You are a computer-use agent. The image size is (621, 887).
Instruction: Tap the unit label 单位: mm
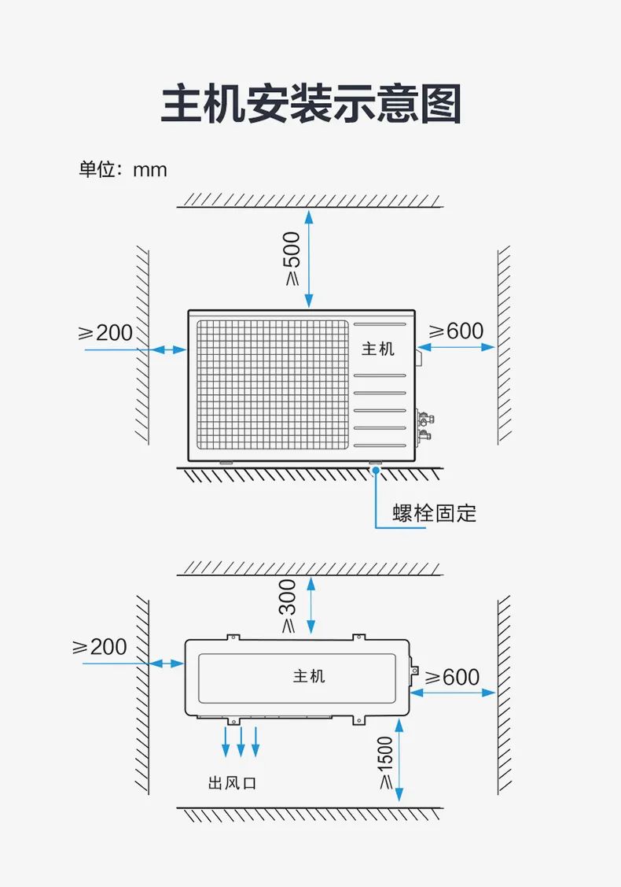[x=123, y=169]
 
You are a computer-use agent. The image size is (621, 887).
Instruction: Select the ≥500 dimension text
[x=291, y=258]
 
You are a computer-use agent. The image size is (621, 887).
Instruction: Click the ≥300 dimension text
[x=288, y=606]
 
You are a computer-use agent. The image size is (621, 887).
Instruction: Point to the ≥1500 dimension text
[x=385, y=763]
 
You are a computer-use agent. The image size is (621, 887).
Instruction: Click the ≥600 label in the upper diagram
[x=455, y=331]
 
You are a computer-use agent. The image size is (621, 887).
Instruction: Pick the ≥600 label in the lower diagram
[x=452, y=677]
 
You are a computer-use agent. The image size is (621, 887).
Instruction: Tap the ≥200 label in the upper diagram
[x=105, y=332]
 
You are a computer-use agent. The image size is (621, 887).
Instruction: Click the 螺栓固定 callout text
[x=435, y=514]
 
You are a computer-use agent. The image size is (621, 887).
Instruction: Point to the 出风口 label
[x=232, y=783]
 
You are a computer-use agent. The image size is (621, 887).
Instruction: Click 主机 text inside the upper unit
[x=378, y=348]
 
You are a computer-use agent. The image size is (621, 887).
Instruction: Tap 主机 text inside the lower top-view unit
[x=309, y=676]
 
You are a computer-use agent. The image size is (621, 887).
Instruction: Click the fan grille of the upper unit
[x=271, y=385]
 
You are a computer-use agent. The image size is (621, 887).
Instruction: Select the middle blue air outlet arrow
[x=241, y=741]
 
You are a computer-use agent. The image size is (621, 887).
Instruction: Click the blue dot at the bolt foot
[x=377, y=471]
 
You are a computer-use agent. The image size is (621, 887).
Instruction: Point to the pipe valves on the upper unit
[x=424, y=424]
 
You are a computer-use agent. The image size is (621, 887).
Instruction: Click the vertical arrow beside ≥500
[x=309, y=258]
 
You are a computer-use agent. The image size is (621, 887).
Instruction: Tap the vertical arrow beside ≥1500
[x=400, y=763]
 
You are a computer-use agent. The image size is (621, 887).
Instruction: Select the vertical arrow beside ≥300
[x=312, y=605]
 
